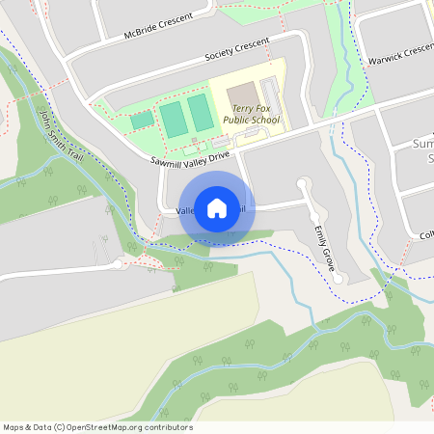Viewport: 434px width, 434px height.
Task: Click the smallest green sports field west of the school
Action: (142, 121)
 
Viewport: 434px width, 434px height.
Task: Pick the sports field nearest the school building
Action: (201, 113)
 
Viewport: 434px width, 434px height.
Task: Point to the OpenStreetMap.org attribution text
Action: (141, 427)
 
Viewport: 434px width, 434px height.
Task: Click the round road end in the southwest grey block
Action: (118, 262)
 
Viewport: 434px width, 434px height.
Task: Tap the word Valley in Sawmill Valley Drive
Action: (197, 156)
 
